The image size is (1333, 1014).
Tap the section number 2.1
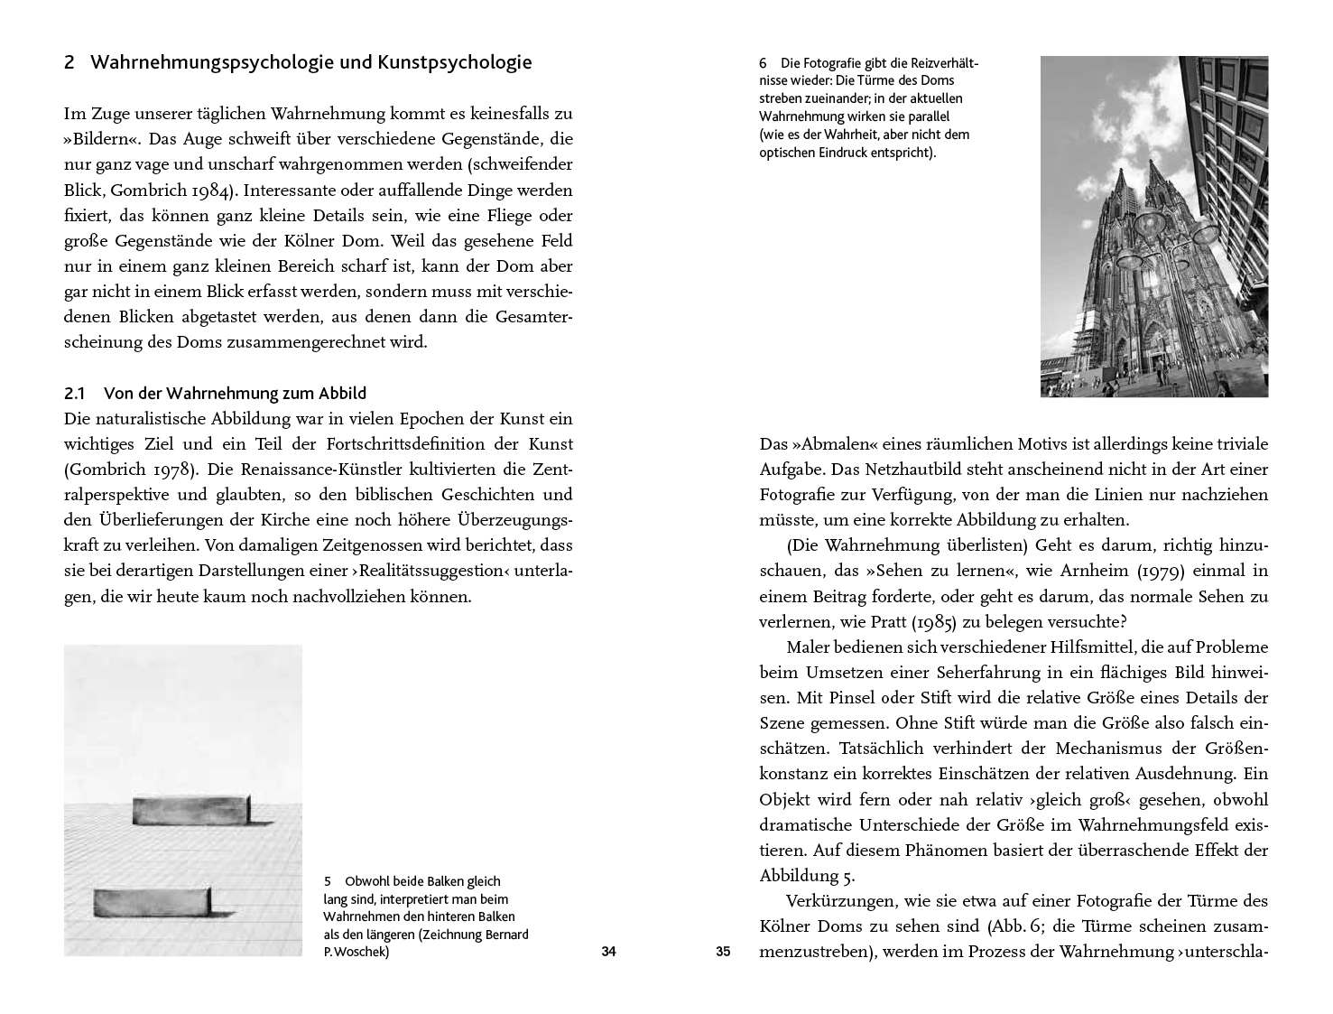click(74, 394)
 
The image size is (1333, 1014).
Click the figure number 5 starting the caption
click(328, 881)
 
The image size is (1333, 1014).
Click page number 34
click(608, 951)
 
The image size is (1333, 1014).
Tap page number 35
click(722, 951)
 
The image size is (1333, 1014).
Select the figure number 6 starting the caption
click(764, 64)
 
